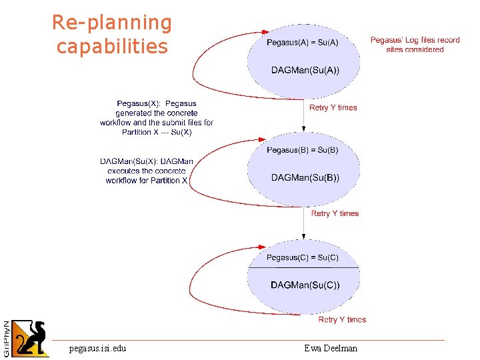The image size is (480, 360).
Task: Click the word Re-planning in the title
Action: [x=112, y=23]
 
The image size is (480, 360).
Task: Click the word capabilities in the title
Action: [x=112, y=47]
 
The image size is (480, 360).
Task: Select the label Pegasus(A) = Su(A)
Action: [x=303, y=43]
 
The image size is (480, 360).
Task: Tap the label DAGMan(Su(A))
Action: [x=305, y=71]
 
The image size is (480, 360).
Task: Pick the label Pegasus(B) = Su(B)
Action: [x=303, y=150]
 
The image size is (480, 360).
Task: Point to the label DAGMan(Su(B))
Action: [x=305, y=177]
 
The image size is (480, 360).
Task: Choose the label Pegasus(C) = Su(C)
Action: [x=303, y=257]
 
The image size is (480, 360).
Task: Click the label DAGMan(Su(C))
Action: [x=305, y=285]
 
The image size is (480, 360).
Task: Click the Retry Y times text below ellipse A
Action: [x=333, y=107]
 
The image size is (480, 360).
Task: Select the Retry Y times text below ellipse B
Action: [x=335, y=213]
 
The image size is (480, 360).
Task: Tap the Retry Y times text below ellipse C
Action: [x=342, y=320]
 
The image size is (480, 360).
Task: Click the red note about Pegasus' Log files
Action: [x=415, y=45]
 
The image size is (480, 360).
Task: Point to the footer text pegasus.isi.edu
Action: [x=97, y=348]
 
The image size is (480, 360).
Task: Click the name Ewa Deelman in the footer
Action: [x=331, y=348]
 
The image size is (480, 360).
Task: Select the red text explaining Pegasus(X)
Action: [x=157, y=118]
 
